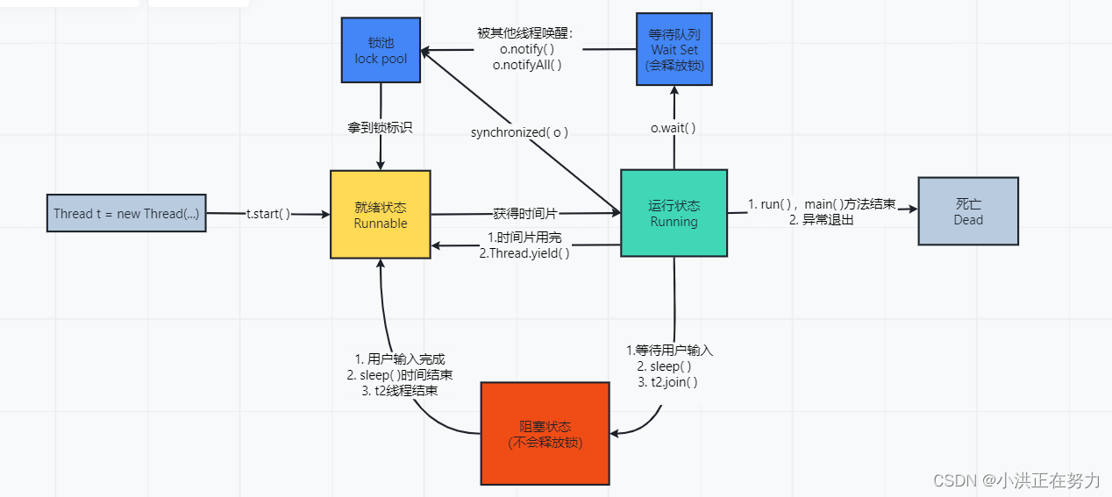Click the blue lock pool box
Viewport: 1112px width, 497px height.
[x=381, y=50]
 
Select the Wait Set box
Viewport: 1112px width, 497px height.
[x=674, y=49]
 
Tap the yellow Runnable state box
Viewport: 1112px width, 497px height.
[x=380, y=215]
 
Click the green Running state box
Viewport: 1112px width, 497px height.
[x=674, y=213]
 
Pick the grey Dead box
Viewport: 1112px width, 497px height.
[x=968, y=211]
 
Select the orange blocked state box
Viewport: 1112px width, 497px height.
[x=545, y=434]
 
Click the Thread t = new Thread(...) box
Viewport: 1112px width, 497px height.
[x=126, y=213]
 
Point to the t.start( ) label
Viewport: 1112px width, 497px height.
[x=267, y=214]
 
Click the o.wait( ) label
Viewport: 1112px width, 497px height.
[x=673, y=128]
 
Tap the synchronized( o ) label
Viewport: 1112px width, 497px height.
[x=519, y=132]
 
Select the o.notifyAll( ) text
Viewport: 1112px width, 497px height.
[x=526, y=64]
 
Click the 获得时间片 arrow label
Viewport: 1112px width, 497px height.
[x=525, y=213]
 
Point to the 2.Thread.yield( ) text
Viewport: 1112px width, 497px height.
[x=524, y=252]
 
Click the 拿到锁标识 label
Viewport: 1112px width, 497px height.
[x=380, y=127]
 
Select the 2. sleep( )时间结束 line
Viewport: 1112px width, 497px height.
[x=400, y=375]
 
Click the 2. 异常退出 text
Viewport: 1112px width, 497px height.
[x=821, y=220]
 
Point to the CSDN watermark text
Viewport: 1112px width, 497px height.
[x=1016, y=479]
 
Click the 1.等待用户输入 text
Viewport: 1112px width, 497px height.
[x=669, y=350]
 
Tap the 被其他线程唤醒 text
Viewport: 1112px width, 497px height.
[x=524, y=33]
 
